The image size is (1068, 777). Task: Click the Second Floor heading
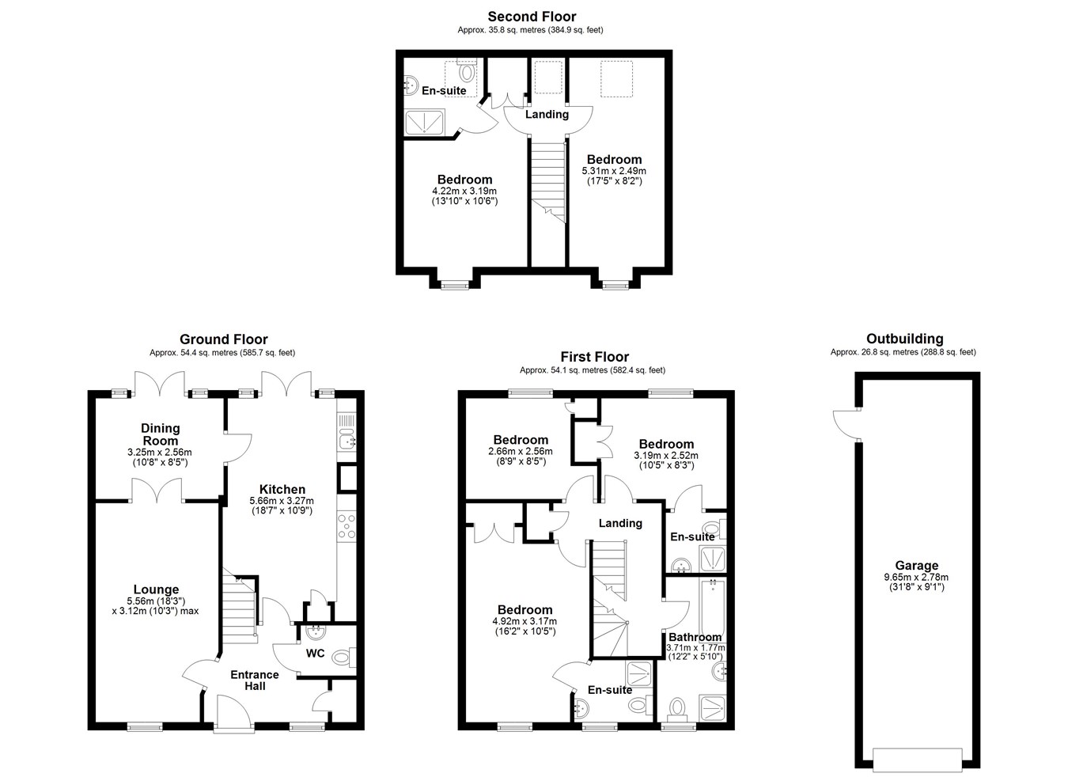[532, 17]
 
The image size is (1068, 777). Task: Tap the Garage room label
[916, 566]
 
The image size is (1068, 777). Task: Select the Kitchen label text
[282, 489]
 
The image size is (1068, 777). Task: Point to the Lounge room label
[156, 589]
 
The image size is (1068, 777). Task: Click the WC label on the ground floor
[315, 654]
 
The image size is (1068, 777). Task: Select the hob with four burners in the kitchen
[347, 527]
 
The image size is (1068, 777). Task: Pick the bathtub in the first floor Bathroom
[713, 607]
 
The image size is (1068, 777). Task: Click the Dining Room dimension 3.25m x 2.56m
[160, 452]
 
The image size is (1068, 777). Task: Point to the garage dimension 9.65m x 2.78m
[916, 577]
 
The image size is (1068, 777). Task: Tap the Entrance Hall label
[255, 680]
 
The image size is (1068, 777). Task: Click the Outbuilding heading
[904, 339]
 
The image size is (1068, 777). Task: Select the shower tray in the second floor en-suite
[424, 122]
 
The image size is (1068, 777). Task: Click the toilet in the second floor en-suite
[466, 70]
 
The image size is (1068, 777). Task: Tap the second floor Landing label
[547, 115]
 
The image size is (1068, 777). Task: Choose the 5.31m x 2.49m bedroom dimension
[614, 171]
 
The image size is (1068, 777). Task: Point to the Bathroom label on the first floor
[695, 637]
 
